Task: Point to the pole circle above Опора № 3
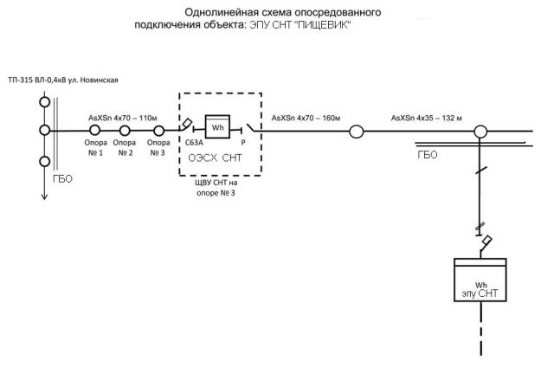click(157, 132)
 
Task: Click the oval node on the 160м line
click(356, 132)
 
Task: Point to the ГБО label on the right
click(428, 155)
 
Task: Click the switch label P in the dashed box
click(242, 147)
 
